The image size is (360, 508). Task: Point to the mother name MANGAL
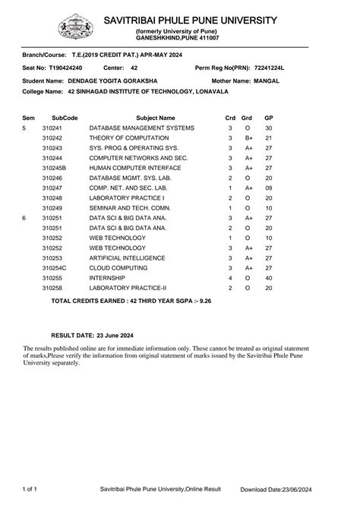[267, 80]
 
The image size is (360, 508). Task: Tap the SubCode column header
[65, 118]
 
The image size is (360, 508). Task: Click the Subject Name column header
[156, 118]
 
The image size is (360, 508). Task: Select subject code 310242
[52, 138]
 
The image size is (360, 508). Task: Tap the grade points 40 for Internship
[268, 278]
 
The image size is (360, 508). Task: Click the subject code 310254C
[55, 268]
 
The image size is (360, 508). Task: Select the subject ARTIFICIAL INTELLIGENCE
[127, 258]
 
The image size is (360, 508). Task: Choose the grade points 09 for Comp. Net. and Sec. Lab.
[268, 188]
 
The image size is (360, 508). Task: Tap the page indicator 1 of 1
[31, 490]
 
